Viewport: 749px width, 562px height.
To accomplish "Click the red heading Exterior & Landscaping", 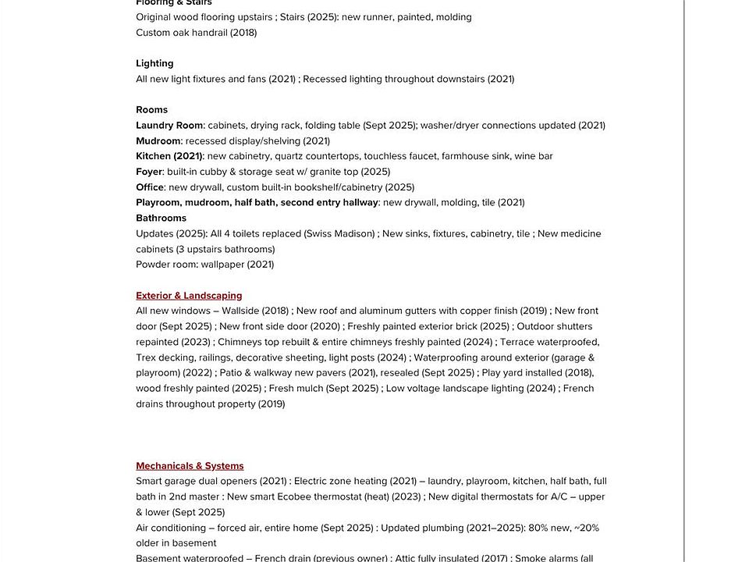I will [x=189, y=296].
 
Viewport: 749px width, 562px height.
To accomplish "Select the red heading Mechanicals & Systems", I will [x=190, y=466].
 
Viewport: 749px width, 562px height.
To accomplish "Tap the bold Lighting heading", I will [x=154, y=63].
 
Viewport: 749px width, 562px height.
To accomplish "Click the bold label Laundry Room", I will [x=169, y=125].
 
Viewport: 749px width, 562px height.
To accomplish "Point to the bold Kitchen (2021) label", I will [x=169, y=156].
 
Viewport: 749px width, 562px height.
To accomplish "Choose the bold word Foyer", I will [x=149, y=172].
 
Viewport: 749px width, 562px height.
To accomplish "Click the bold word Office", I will [x=150, y=187].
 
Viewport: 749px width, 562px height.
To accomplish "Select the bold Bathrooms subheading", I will [x=161, y=218].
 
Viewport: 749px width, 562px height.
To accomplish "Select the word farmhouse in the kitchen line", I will [x=465, y=156].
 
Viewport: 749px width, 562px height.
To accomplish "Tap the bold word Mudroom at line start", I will [x=158, y=140].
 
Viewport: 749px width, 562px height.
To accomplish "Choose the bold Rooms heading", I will [x=151, y=110].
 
